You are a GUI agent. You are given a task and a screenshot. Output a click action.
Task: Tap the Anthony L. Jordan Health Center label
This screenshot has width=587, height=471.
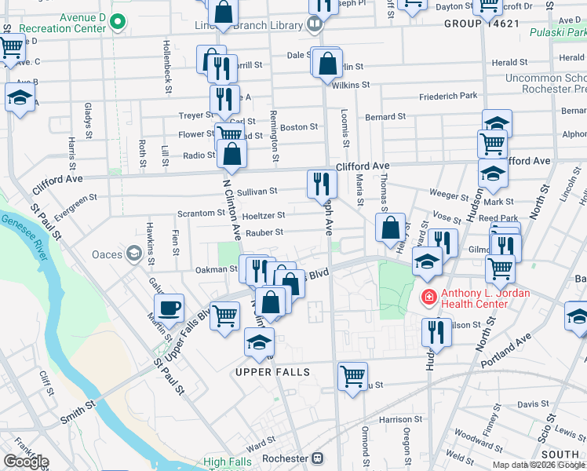coord(486,299)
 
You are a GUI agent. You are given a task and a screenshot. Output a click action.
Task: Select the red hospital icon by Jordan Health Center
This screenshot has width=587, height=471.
coord(428,296)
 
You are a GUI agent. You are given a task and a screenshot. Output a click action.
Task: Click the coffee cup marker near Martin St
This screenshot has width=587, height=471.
coord(169,308)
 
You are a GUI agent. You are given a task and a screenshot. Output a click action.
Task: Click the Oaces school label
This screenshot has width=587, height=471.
coord(107,254)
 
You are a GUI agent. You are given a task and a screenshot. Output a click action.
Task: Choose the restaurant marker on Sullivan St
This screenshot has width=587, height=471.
coord(322,184)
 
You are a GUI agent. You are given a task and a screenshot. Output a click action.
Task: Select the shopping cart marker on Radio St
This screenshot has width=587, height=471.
coord(229,134)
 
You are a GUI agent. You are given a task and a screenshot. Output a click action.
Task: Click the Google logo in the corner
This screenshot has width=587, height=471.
coord(26,462)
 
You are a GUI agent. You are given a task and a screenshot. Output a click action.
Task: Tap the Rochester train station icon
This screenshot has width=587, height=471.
coord(318,458)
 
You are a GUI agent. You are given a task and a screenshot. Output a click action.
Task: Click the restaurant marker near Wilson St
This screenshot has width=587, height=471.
coord(436,333)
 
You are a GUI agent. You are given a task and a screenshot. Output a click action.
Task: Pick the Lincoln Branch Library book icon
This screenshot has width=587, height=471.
coord(315,24)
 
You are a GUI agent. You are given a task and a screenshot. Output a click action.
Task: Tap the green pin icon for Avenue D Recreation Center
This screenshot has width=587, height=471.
coord(118,21)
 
